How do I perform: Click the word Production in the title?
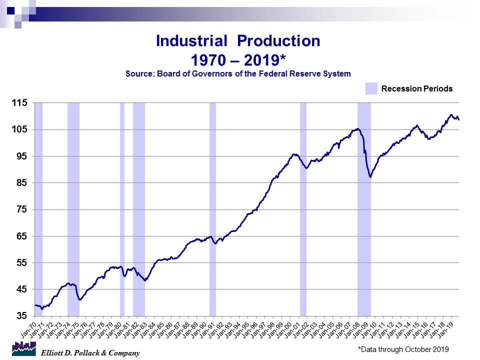pos(278,41)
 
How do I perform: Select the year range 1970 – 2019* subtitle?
pos(238,60)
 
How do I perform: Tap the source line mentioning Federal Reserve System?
pos(238,73)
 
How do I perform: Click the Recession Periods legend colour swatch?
pos(371,88)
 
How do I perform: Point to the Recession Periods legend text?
pos(417,89)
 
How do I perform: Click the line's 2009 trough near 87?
pos(370,177)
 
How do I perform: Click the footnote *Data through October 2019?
pos(403,349)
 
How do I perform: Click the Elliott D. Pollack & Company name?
pos(90,353)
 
